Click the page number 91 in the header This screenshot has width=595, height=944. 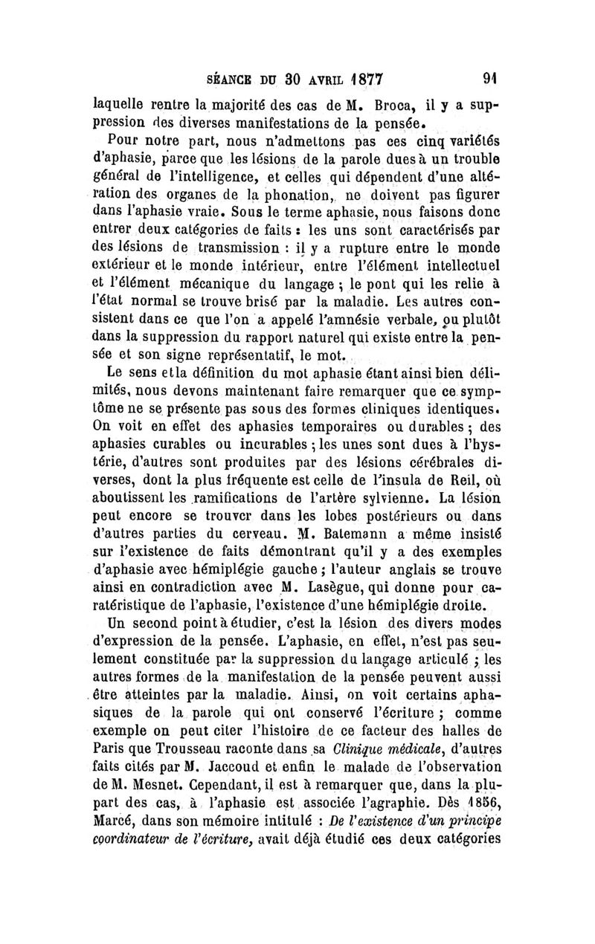[489, 77]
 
